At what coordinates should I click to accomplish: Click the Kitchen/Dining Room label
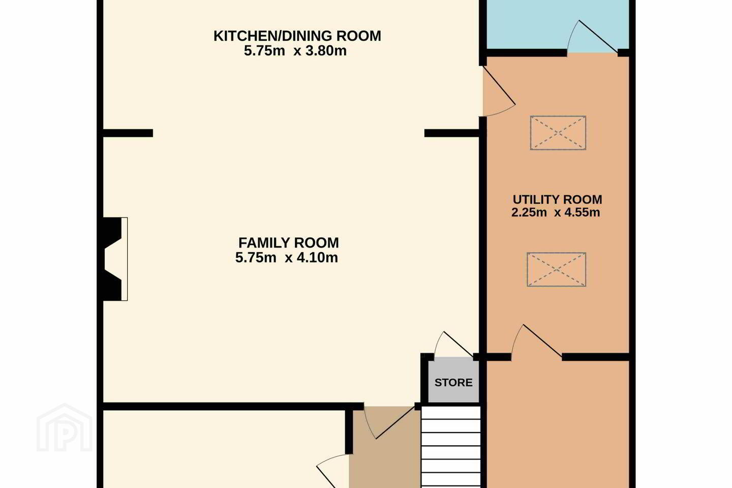pyautogui.click(x=297, y=36)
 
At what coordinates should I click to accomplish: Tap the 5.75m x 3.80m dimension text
pyautogui.click(x=295, y=51)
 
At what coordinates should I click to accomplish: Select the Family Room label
pyautogui.click(x=289, y=243)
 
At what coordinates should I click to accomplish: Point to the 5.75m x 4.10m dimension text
pyautogui.click(x=287, y=258)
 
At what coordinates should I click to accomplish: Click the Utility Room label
pyautogui.click(x=557, y=199)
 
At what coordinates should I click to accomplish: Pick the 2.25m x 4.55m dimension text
pyautogui.click(x=556, y=212)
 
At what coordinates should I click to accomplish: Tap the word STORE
pyautogui.click(x=453, y=382)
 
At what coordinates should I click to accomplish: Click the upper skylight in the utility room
pyautogui.click(x=558, y=133)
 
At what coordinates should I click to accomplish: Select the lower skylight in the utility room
pyautogui.click(x=556, y=269)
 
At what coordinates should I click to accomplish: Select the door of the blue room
pyautogui.click(x=592, y=37)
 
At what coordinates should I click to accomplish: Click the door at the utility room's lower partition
pyautogui.click(x=536, y=341)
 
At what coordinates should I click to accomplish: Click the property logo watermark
pyautogui.click(x=65, y=428)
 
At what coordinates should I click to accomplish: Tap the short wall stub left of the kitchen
pyautogui.click(x=128, y=133)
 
